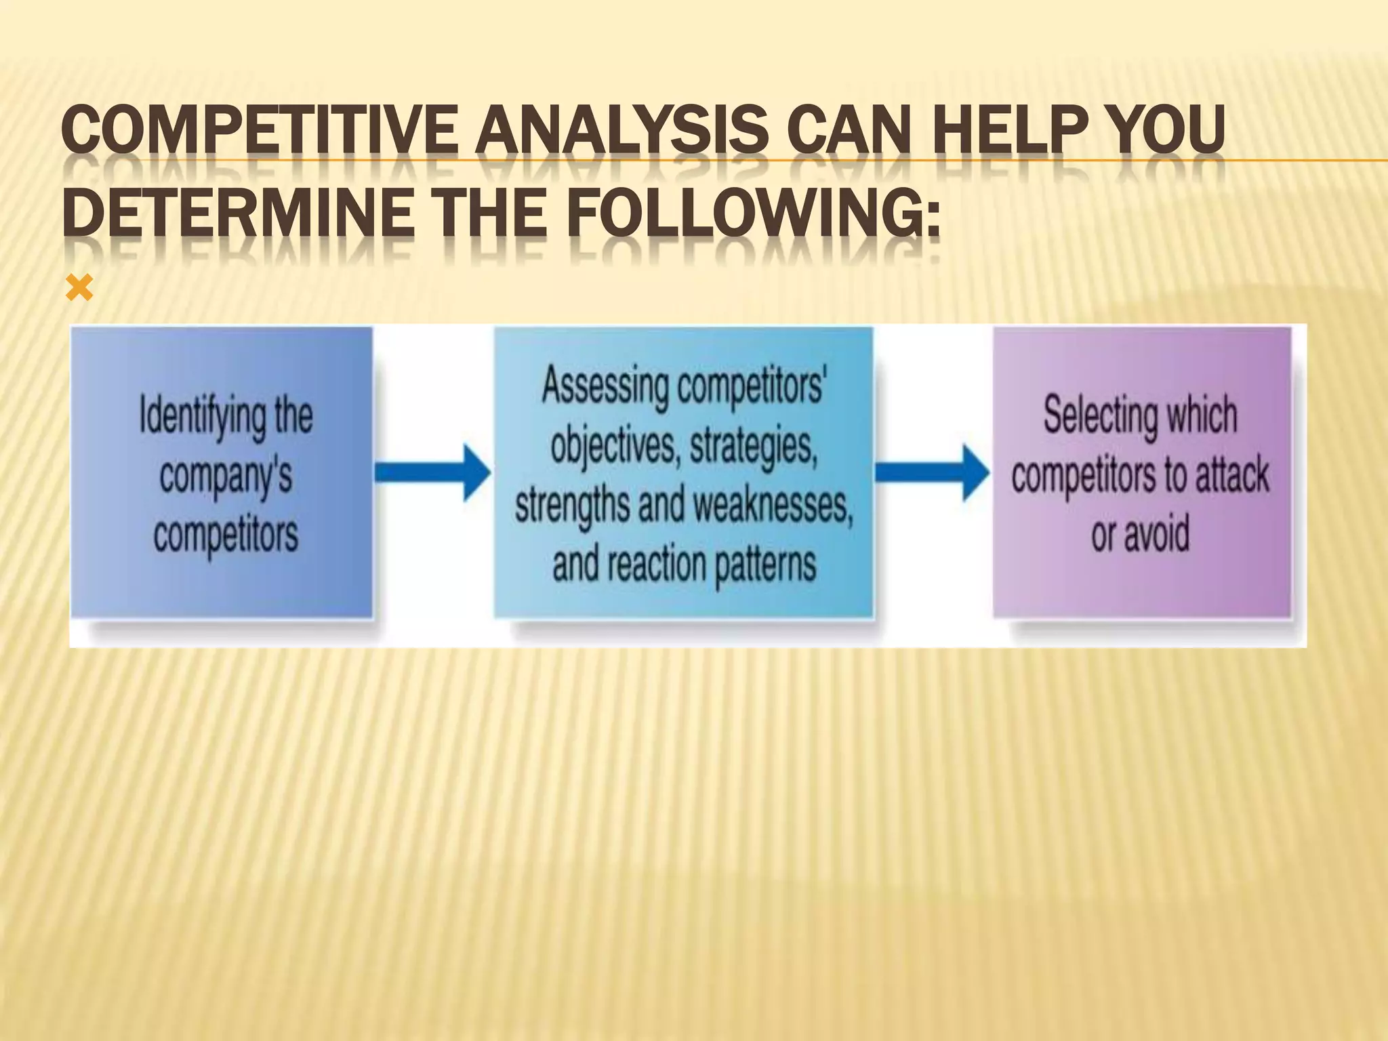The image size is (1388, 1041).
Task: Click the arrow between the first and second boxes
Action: [434, 472]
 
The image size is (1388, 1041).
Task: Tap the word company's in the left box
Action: [226, 476]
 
